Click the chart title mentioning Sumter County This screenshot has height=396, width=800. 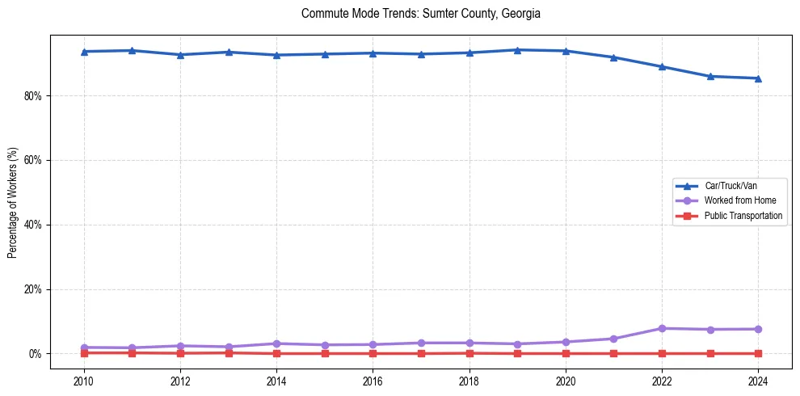pyautogui.click(x=420, y=14)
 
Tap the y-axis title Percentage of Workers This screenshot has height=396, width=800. pyautogui.click(x=13, y=202)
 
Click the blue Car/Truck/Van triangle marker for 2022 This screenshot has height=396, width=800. pyautogui.click(x=662, y=66)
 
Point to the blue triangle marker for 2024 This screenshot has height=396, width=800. pyautogui.click(x=758, y=78)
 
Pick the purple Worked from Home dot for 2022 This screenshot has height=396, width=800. pyautogui.click(x=662, y=328)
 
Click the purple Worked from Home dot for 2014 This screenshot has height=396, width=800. pyautogui.click(x=276, y=343)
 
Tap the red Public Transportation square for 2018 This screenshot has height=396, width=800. pyautogui.click(x=469, y=352)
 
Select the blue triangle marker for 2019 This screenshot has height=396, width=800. pyautogui.click(x=517, y=50)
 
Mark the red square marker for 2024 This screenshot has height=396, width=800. pyautogui.click(x=758, y=353)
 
